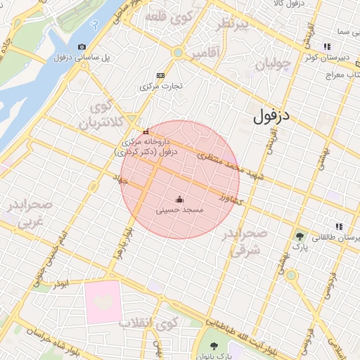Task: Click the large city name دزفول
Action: coord(276,115)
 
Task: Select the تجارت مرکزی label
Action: coord(160,86)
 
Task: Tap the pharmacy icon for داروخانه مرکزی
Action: coord(146,131)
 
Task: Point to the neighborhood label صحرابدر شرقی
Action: coord(245,241)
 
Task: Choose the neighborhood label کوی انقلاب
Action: coord(149,324)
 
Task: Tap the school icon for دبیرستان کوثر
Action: coord(326,46)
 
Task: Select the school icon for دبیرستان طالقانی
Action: coord(340,226)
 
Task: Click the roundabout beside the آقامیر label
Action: coord(178,53)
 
